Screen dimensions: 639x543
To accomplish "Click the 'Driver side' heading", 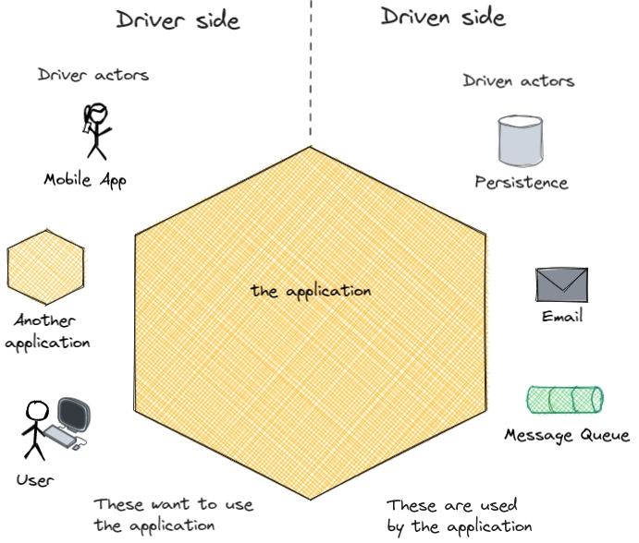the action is (x=178, y=20).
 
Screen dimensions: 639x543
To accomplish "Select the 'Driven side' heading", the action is (x=443, y=18).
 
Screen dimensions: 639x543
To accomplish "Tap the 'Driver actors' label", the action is (x=93, y=75).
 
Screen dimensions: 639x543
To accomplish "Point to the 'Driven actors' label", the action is (x=519, y=80).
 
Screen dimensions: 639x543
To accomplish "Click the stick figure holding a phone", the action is (x=96, y=131).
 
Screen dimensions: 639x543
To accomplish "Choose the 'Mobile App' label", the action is (x=85, y=180).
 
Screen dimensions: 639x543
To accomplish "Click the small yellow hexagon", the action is (x=45, y=267).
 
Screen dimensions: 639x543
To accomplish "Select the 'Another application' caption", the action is (x=47, y=332).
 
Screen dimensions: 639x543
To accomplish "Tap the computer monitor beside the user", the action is (x=74, y=415).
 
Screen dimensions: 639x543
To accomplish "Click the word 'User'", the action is (x=35, y=480).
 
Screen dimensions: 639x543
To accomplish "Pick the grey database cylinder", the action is (x=521, y=141).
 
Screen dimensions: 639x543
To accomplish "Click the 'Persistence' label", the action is (x=522, y=182).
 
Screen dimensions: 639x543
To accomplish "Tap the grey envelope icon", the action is (x=561, y=284).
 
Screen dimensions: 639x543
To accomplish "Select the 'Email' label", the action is (x=562, y=316).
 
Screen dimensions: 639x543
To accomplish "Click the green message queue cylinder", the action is (x=565, y=399).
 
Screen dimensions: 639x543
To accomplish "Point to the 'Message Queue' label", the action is (x=567, y=435).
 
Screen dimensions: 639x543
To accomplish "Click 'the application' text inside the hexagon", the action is (x=311, y=291).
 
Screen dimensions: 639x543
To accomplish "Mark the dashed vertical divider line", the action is (x=311, y=68).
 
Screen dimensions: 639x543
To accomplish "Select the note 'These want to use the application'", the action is (x=174, y=515).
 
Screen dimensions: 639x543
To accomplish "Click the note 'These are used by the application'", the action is (x=460, y=515).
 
